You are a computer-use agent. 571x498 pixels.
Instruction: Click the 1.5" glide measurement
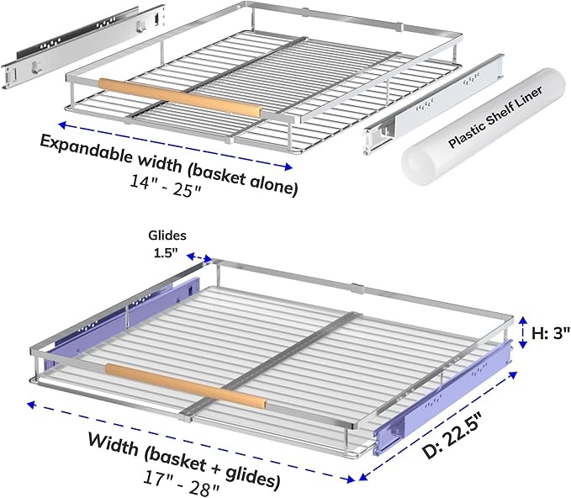[167, 253]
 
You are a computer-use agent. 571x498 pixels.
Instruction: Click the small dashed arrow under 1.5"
[198, 257]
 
